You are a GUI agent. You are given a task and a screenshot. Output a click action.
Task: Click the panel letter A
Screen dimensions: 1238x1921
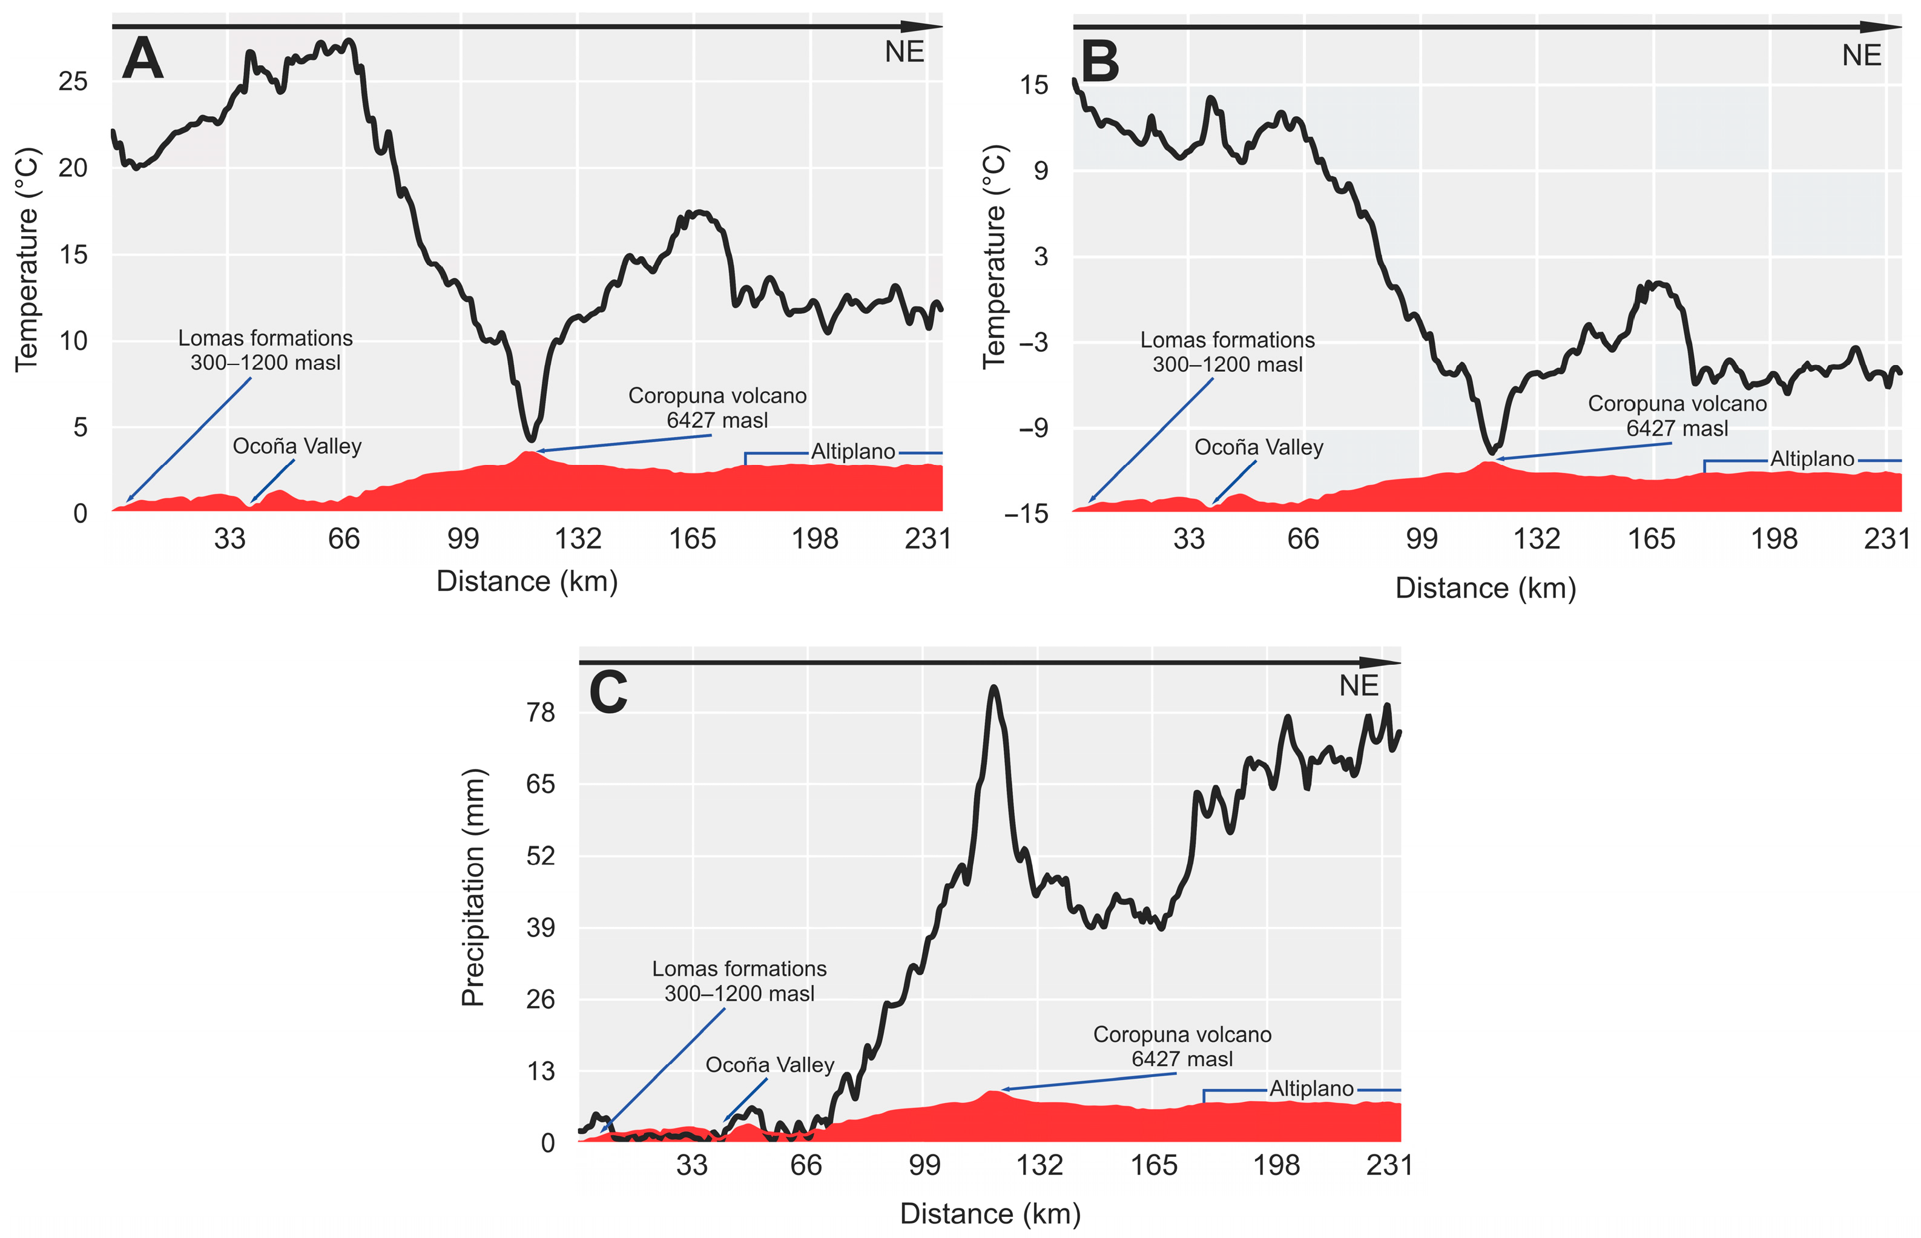[142, 59]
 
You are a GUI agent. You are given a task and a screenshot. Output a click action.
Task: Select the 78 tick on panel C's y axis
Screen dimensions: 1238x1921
[540, 713]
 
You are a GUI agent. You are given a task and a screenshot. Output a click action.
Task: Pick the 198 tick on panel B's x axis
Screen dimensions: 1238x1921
[1773, 539]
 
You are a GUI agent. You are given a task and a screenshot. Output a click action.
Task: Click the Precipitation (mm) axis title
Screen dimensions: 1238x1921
[473, 887]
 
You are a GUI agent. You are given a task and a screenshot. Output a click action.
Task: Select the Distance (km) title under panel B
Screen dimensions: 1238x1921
[1484, 588]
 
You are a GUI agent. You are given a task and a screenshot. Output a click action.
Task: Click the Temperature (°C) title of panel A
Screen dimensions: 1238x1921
[27, 259]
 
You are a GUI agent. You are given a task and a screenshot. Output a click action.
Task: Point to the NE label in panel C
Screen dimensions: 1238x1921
[1359, 686]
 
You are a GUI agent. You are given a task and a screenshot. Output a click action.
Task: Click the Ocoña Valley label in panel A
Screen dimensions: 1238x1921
[297, 446]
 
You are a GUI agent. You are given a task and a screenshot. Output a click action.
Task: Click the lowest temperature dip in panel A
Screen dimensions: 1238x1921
[530, 439]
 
